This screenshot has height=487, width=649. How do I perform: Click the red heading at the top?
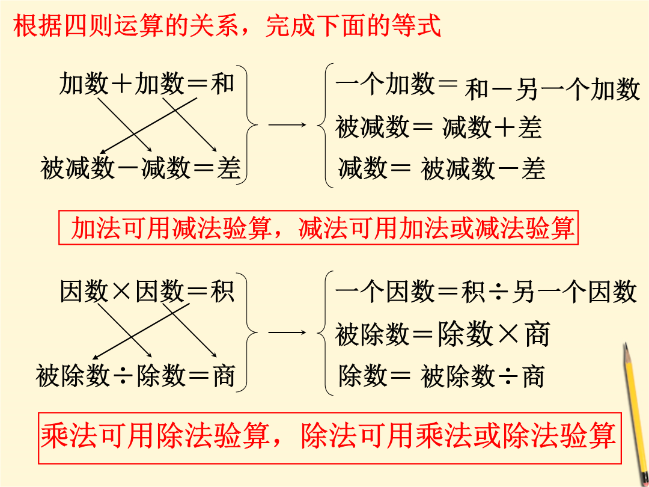point(227,26)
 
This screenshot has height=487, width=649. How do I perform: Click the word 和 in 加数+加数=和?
point(223,83)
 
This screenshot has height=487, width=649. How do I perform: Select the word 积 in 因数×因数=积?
point(223,291)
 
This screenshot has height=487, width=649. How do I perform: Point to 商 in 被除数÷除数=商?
point(224,375)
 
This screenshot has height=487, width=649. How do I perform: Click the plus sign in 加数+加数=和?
point(121,84)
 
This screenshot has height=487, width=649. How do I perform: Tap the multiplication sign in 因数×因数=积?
point(121,292)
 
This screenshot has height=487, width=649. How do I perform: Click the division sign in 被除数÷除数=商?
point(123,376)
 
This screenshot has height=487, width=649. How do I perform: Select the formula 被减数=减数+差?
point(439,127)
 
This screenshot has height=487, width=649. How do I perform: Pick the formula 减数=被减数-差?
point(442,168)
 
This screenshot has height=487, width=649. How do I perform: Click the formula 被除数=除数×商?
point(442,334)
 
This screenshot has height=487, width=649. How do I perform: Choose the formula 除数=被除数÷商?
point(441,376)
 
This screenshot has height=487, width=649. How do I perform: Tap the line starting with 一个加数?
point(487,87)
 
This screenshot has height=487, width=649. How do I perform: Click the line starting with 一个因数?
point(486,292)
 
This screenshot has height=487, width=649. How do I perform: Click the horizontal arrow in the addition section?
point(287,124)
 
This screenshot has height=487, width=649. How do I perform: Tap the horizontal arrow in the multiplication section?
point(287,332)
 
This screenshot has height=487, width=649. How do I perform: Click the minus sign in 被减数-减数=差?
point(129,169)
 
